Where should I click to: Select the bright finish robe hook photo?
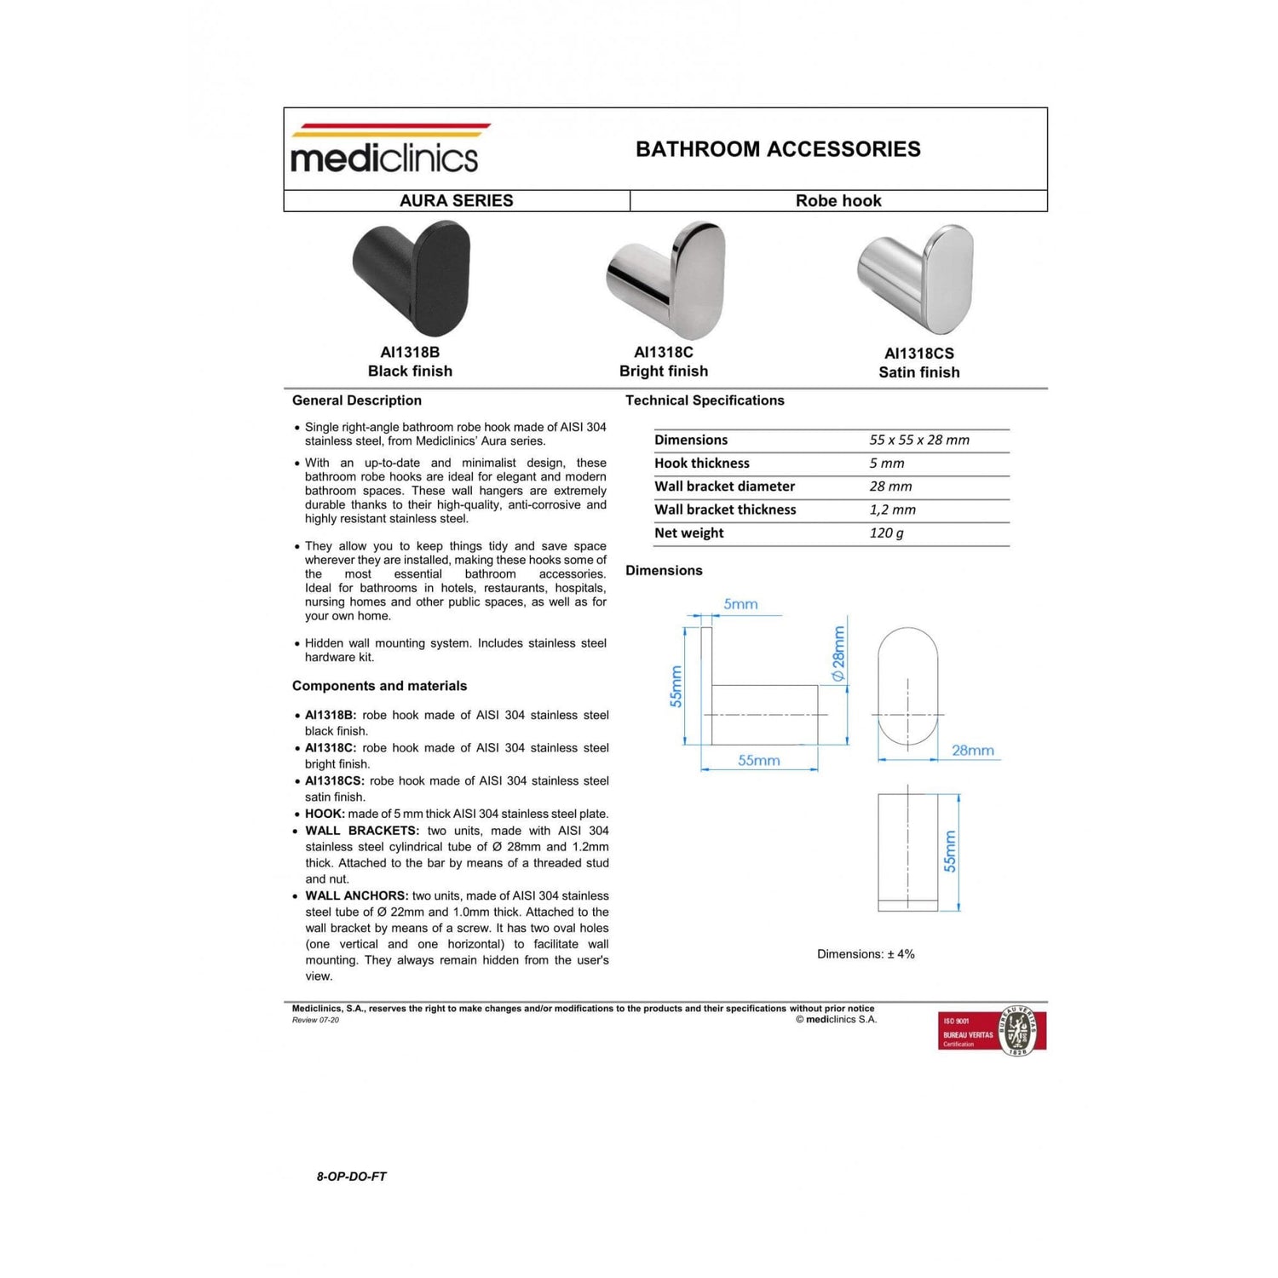coord(667,279)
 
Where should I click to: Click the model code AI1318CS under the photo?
coord(918,354)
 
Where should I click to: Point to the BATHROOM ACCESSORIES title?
coord(778,149)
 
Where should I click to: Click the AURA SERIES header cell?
coord(457,201)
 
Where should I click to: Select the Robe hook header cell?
coord(838,201)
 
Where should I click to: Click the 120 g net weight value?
coord(886,533)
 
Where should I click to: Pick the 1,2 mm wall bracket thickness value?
coord(892,509)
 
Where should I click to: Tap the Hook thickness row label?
coord(702,463)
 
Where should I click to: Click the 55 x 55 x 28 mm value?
coord(919,440)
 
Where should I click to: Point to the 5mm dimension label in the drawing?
coord(740,604)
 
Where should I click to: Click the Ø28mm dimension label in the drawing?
coord(838,653)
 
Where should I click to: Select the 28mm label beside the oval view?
coord(972,751)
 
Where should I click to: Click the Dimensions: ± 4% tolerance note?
coord(866,954)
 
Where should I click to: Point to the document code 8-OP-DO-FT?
coord(351,1177)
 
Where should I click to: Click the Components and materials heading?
coord(379,686)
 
